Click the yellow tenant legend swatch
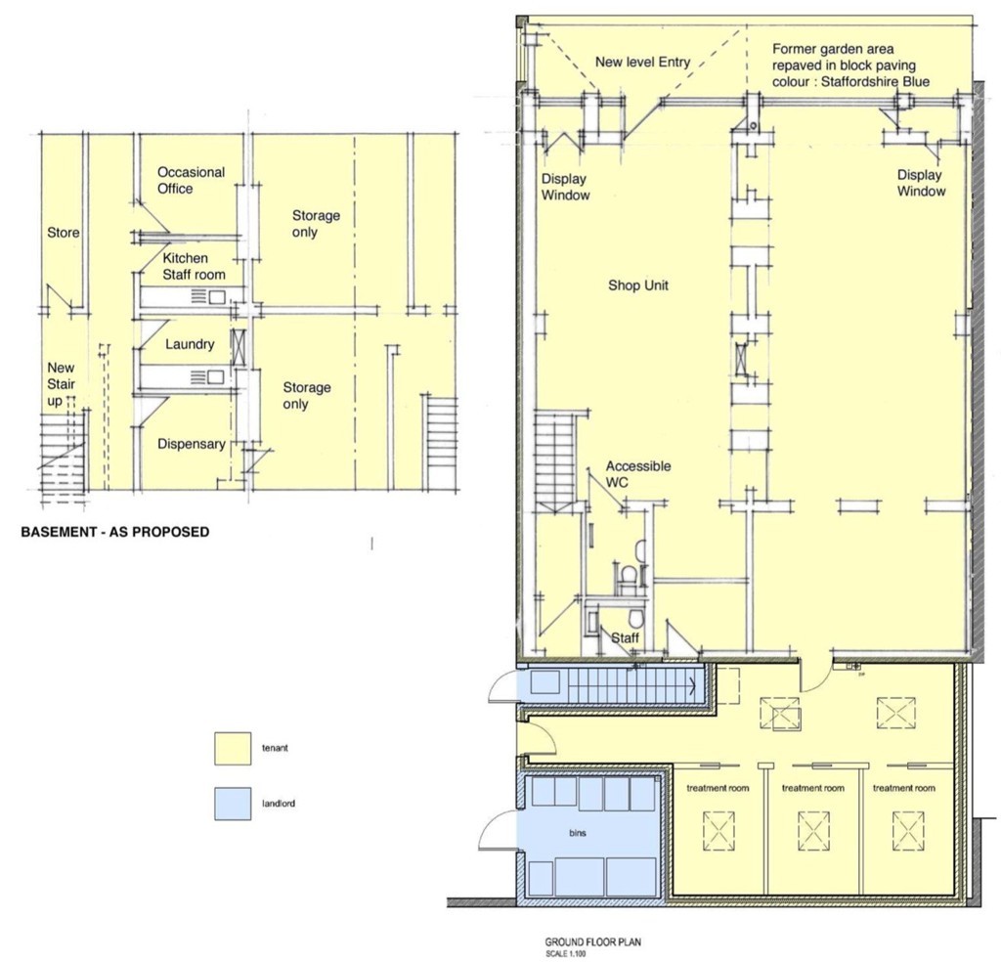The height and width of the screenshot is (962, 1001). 233,748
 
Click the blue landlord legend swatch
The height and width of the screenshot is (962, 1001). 233,804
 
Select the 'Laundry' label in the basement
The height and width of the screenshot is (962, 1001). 190,344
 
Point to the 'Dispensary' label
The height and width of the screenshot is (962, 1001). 192,444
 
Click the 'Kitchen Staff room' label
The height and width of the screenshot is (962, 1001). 195,266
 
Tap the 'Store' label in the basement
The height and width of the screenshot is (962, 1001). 64,233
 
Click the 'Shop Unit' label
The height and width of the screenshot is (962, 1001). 637,285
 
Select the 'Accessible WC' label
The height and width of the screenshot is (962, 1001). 638,473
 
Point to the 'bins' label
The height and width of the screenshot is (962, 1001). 577,832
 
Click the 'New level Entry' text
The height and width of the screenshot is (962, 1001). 643,62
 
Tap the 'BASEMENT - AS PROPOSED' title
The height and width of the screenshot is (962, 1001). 115,532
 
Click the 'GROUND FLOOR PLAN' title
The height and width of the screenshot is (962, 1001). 593,942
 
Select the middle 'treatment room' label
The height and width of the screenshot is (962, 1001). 812,788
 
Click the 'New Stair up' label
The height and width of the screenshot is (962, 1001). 62,384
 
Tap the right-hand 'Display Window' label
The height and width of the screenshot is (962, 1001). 921,183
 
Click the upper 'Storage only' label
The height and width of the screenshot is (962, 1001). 316,224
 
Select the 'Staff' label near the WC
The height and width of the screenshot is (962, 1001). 625,637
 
